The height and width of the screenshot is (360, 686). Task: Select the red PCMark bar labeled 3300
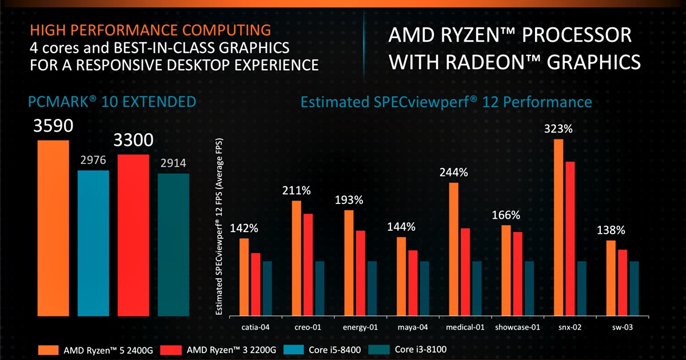[133, 234]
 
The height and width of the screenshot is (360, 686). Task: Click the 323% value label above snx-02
[559, 129]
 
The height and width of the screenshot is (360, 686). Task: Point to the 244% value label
[453, 172]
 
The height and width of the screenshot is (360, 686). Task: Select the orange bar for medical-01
[453, 249]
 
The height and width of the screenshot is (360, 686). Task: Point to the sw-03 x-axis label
[621, 328]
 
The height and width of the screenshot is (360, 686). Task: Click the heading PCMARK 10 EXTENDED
[112, 102]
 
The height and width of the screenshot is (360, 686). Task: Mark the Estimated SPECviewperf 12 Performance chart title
[446, 102]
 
